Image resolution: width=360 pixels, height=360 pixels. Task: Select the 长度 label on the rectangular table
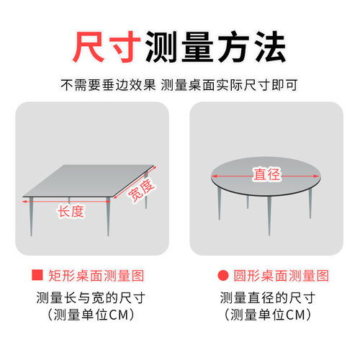click(x=71, y=211)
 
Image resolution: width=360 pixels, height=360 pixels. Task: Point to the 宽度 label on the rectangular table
click(x=141, y=190)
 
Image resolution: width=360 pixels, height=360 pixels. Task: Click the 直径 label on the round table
click(x=266, y=174)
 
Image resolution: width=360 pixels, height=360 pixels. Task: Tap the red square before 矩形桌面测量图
click(x=35, y=276)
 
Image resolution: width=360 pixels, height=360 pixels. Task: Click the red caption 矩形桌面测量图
click(x=96, y=276)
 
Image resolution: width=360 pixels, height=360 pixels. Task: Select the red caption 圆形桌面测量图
click(x=282, y=276)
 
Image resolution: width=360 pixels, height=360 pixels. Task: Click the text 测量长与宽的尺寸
click(x=91, y=297)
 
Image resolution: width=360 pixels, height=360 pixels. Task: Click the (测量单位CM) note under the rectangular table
click(x=91, y=315)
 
